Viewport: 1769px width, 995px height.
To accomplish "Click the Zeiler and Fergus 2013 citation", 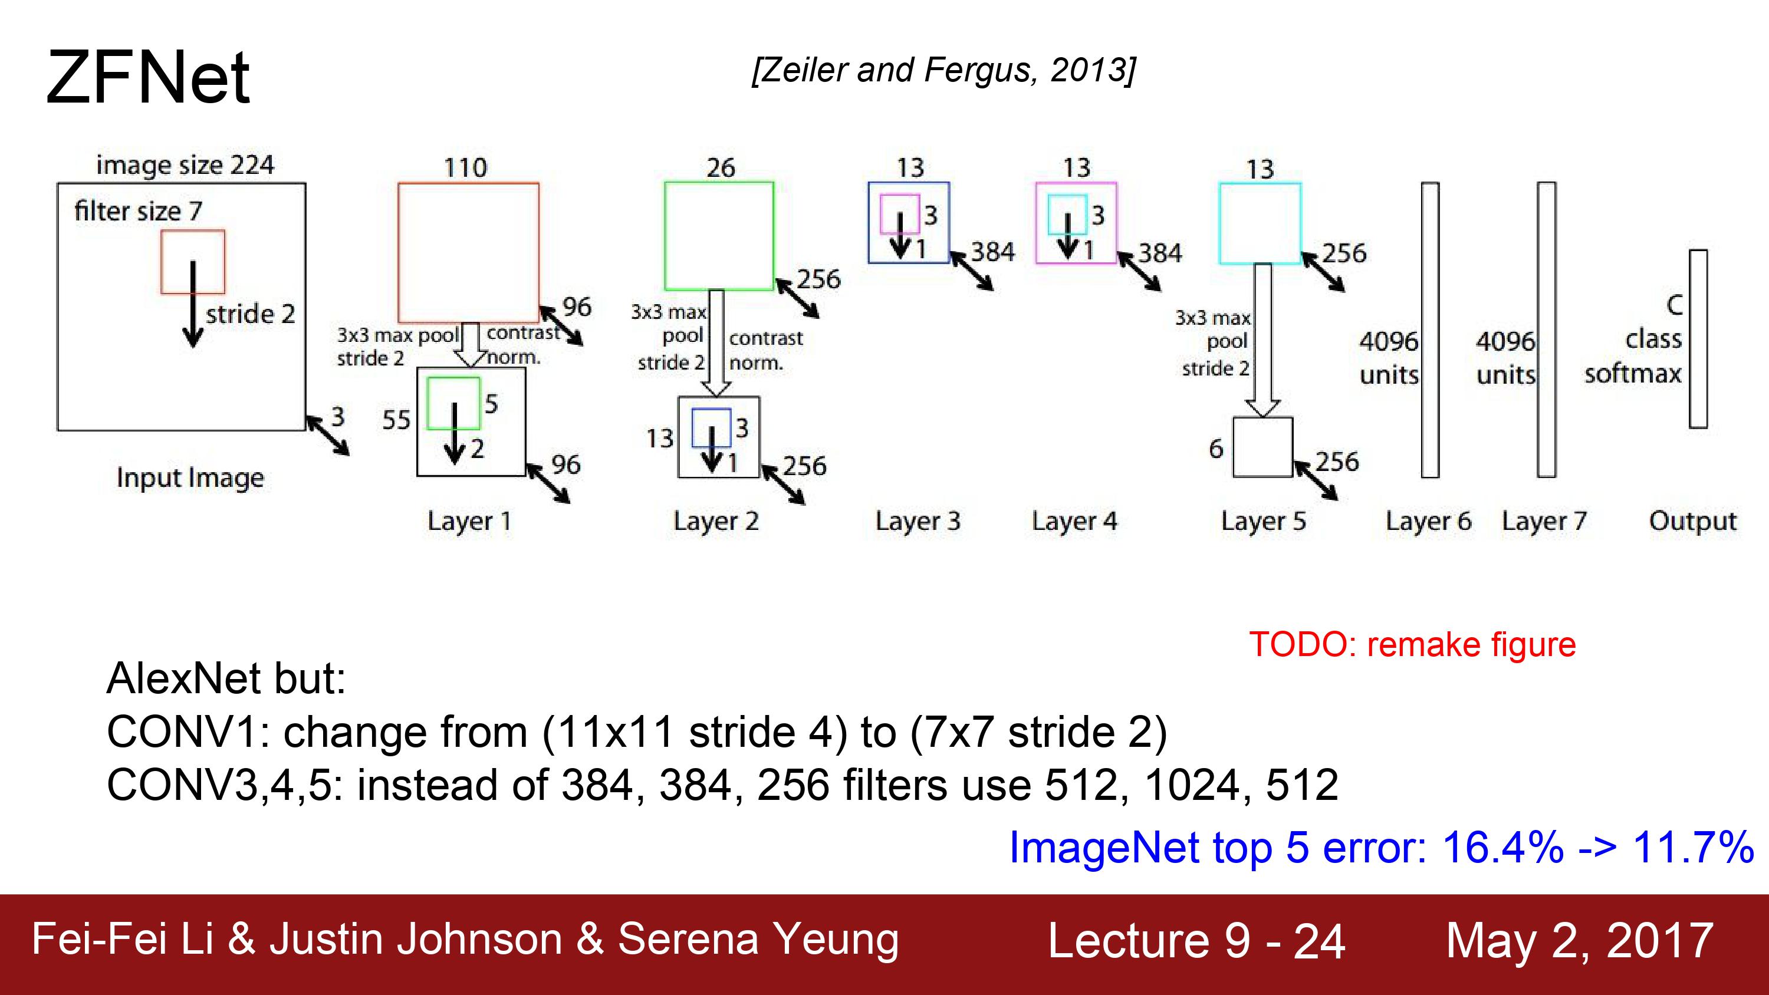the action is coord(944,70).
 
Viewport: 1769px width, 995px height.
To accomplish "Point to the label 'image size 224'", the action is coord(185,165).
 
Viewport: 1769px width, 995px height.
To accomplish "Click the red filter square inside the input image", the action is coord(193,232).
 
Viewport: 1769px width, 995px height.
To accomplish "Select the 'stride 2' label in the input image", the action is coord(250,314).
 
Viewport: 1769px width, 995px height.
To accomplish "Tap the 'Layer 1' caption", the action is coord(469,521).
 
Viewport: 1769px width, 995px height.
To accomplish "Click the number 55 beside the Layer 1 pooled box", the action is coord(396,420).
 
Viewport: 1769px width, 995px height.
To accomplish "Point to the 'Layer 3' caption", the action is coord(918,521).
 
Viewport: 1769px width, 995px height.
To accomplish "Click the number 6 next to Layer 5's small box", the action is coord(1216,449).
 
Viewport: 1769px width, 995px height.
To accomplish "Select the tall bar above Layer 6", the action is coord(1431,330).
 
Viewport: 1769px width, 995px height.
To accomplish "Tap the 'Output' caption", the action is coord(1693,521).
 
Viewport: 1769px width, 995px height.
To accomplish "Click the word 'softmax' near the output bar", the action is coord(1633,374).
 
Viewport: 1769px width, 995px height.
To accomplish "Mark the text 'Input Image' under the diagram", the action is coord(190,478).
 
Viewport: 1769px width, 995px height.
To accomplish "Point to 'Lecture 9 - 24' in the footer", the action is coord(1196,941).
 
